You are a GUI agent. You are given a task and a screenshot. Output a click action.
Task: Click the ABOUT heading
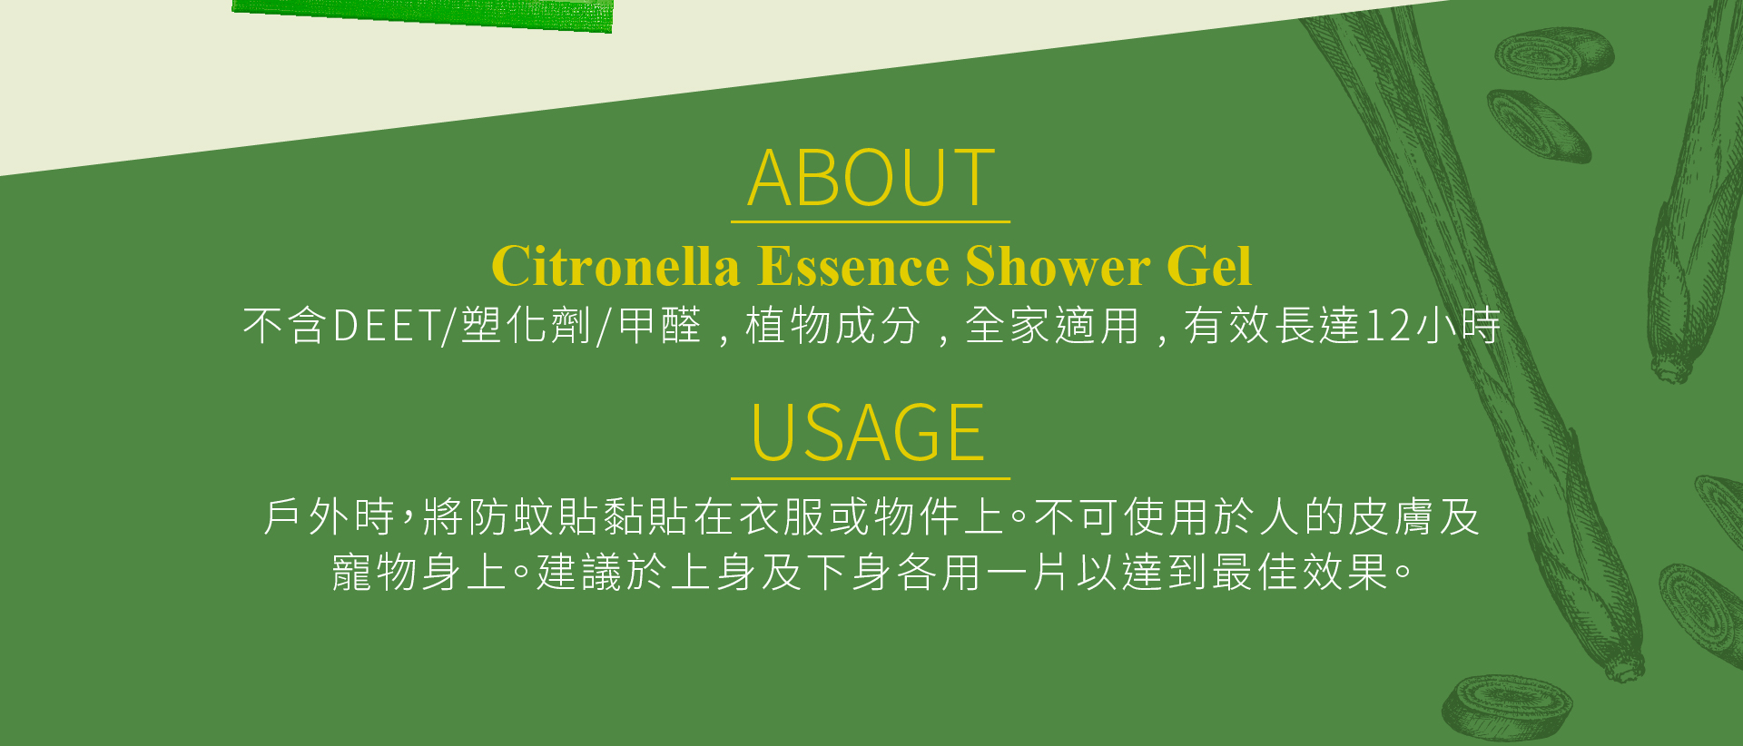tap(871, 178)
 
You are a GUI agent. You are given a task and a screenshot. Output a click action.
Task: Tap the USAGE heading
tap(869, 433)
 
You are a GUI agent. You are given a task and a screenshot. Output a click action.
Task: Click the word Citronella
tap(615, 266)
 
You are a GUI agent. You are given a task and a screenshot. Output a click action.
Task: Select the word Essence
tap(854, 266)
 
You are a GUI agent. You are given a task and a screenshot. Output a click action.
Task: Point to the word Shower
tap(1058, 266)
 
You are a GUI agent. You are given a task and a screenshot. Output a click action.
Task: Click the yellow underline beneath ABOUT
tap(871, 221)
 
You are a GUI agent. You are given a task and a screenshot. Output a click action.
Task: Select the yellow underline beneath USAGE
tap(871, 477)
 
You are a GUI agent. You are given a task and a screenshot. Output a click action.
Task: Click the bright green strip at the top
tap(422, 14)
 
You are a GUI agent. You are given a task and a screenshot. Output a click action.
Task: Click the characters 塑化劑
tap(527, 326)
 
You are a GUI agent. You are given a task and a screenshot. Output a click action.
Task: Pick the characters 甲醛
tap(660, 326)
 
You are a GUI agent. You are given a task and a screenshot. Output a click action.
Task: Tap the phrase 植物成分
tap(832, 326)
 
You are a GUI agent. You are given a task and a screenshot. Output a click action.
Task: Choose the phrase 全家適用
tap(1052, 326)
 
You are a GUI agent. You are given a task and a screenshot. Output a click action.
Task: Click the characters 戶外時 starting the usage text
tap(329, 517)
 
